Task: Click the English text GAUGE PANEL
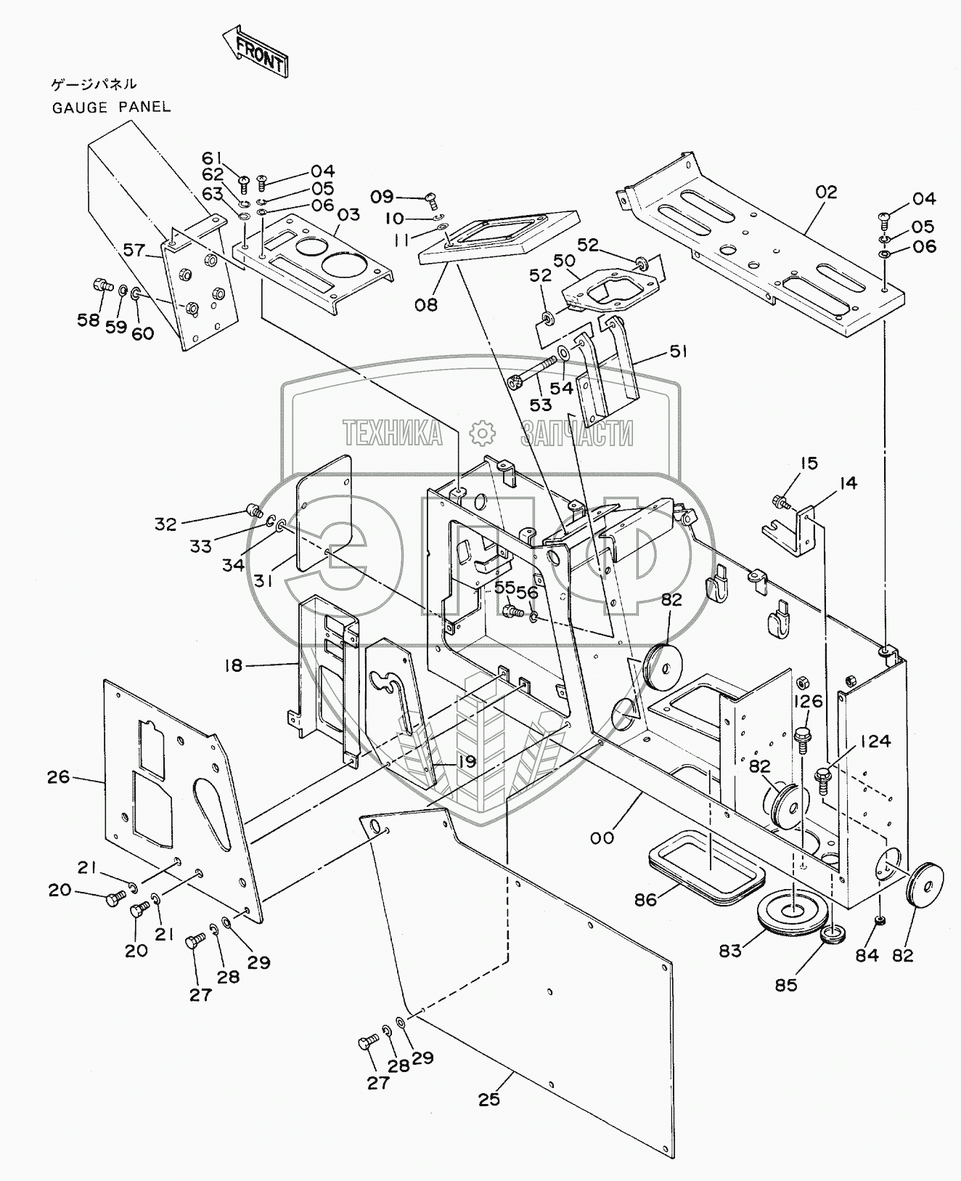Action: [111, 107]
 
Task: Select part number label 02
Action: [826, 192]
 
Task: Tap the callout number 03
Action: [348, 215]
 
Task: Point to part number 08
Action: [426, 304]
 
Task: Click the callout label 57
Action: [134, 251]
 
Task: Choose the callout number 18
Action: [233, 665]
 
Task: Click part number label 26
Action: [58, 777]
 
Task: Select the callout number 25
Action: [489, 1099]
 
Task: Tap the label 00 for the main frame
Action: [602, 837]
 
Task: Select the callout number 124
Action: [876, 742]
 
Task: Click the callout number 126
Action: [807, 701]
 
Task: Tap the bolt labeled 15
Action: [782, 501]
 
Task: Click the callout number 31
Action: [263, 580]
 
